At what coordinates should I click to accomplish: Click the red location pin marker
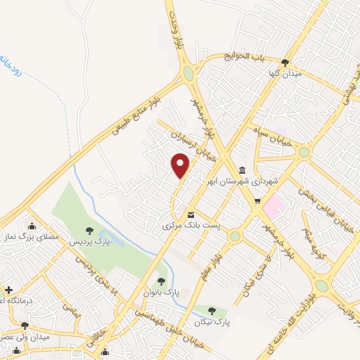[181, 166]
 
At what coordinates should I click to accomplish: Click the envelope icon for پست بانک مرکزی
[191, 215]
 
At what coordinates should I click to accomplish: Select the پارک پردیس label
[89, 241]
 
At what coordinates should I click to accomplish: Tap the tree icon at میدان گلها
[285, 63]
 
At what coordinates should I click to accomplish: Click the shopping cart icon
[257, 201]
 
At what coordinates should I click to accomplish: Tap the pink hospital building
[274, 206]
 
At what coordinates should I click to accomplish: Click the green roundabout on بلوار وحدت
[188, 73]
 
